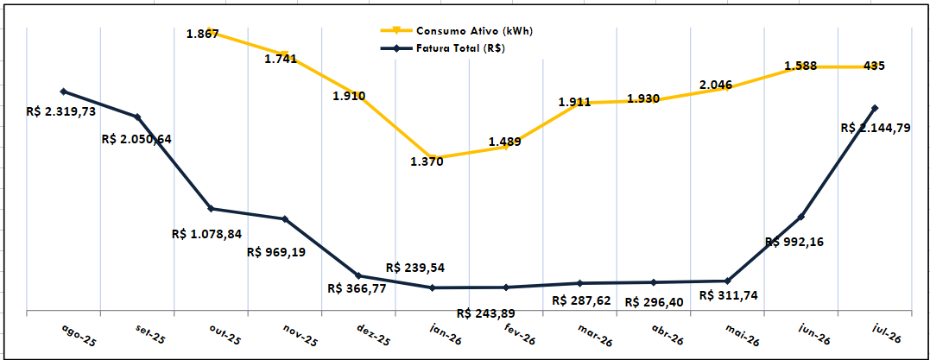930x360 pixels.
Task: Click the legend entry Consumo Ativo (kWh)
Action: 456,31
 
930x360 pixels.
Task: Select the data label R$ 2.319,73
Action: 61,111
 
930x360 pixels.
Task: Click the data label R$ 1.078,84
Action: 206,234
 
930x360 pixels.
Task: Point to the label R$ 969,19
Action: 276,252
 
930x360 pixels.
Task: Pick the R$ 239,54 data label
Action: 415,268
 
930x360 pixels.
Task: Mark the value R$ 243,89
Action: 486,313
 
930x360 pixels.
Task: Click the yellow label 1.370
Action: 427,161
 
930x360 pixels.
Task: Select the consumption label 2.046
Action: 715,85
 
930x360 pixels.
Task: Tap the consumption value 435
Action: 874,66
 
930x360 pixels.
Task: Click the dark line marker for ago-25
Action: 63,92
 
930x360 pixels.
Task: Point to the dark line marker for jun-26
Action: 801,217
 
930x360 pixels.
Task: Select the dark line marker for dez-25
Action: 358,275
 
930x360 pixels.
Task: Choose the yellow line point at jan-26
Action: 433,158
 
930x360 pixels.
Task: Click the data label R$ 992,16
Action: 794,242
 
